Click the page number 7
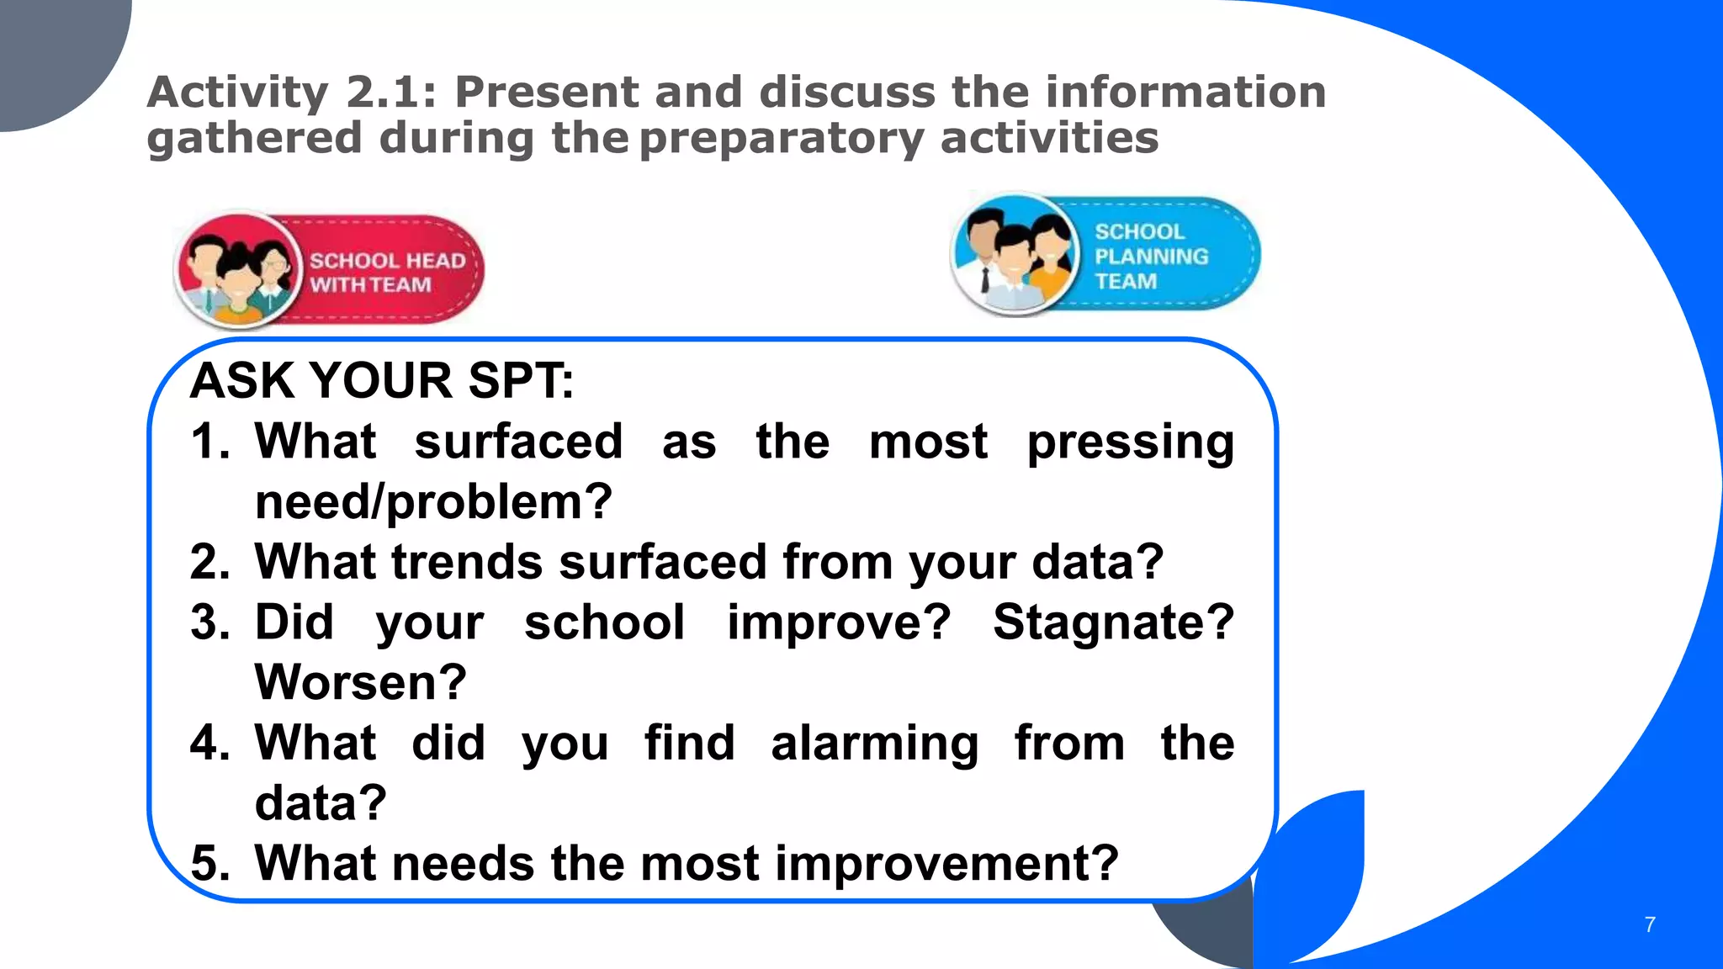[x=1649, y=924]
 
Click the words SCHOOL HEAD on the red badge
[x=387, y=261]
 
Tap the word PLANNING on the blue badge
[x=1151, y=256]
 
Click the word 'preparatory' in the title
[x=781, y=138]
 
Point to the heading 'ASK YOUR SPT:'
[x=382, y=380]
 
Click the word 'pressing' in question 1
[x=1130, y=442]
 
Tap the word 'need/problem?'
[x=433, y=502]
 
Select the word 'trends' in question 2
[x=467, y=562]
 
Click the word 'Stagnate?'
[x=1113, y=622]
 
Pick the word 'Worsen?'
[x=360, y=682]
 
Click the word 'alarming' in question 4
[x=874, y=744]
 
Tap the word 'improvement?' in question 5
[x=946, y=864]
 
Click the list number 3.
[x=209, y=622]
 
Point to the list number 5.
[x=209, y=864]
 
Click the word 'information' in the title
[x=1185, y=92]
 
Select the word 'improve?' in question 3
[x=838, y=622]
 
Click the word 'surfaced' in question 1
[x=518, y=442]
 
